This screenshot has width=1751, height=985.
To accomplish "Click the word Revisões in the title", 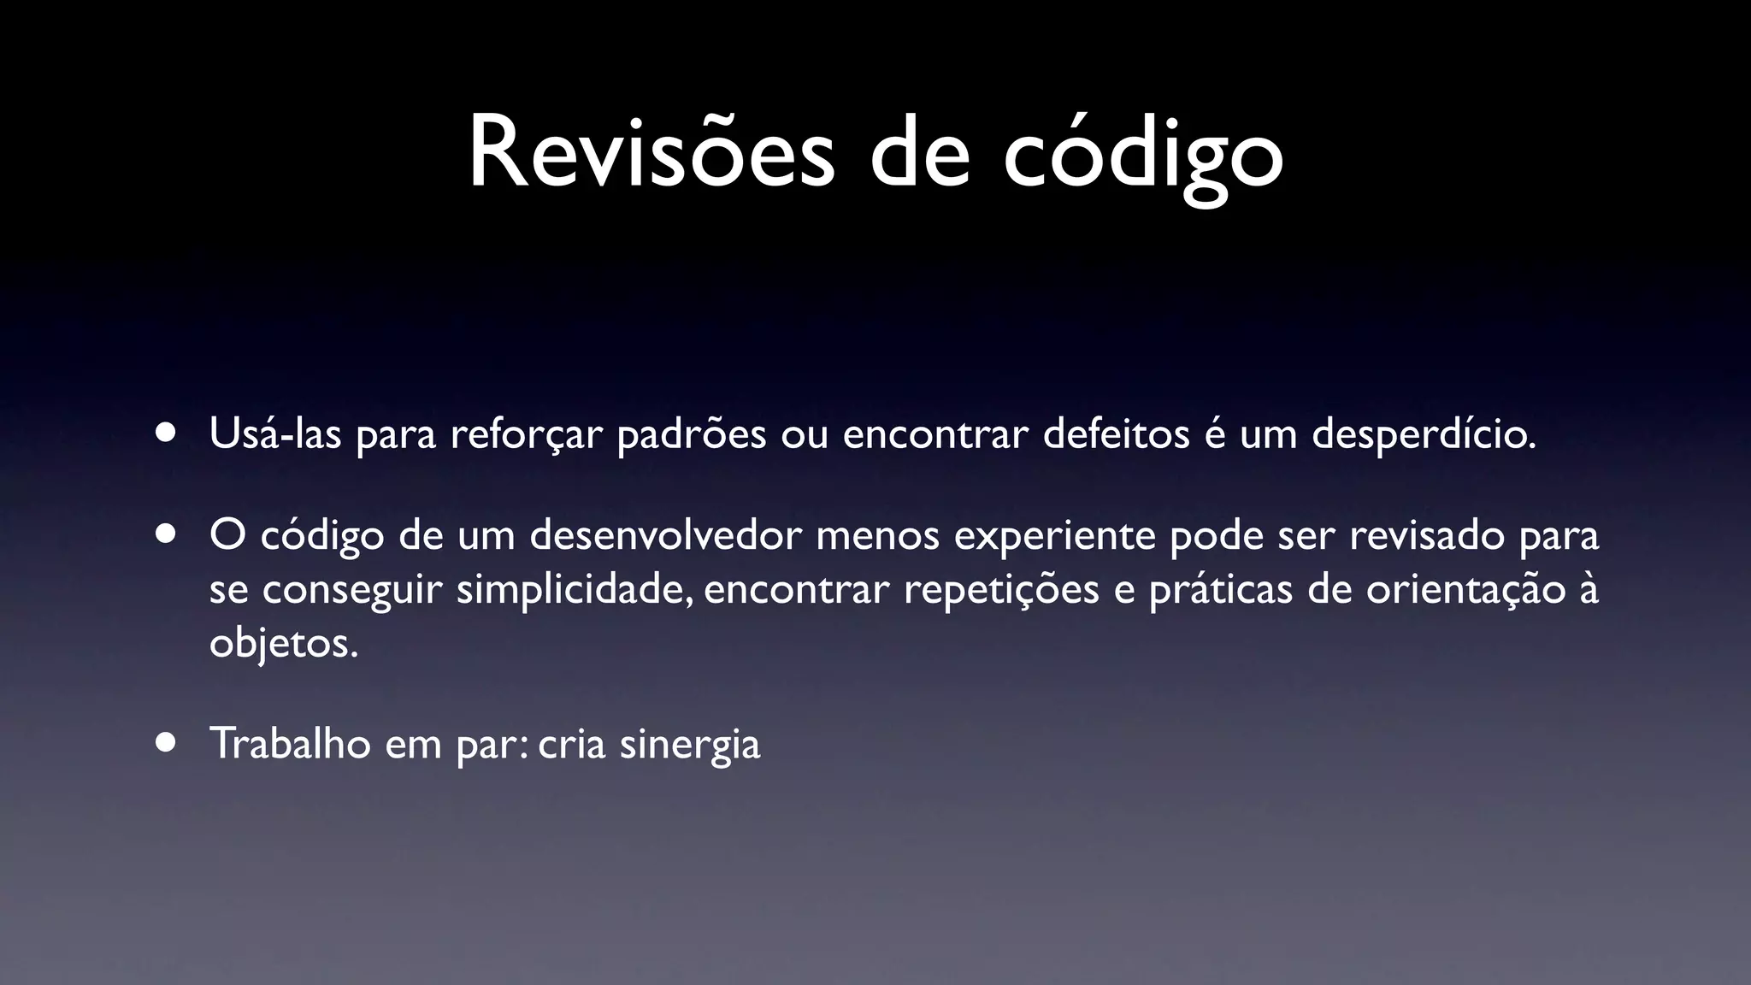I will pyautogui.click(x=651, y=154).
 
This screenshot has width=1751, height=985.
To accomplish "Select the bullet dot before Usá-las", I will pyautogui.click(x=166, y=433).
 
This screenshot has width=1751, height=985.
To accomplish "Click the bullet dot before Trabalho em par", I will pyautogui.click(x=166, y=742).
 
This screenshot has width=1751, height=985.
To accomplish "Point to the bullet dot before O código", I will pyautogui.click(x=166, y=534).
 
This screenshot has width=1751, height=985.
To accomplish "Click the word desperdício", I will pyautogui.click(x=1424, y=435).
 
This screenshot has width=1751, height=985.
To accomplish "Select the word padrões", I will pyautogui.click(x=691, y=435).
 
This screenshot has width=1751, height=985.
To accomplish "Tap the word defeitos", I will pyautogui.click(x=1116, y=434).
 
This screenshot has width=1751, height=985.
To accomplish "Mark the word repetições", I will pyautogui.click(x=1001, y=591).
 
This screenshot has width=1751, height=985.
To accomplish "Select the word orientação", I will pyautogui.click(x=1465, y=591).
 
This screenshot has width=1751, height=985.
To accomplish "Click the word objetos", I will pyautogui.click(x=283, y=644).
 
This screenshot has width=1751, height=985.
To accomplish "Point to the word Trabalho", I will pyautogui.click(x=290, y=742).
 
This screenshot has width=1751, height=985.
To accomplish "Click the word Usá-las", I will pyautogui.click(x=274, y=434).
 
